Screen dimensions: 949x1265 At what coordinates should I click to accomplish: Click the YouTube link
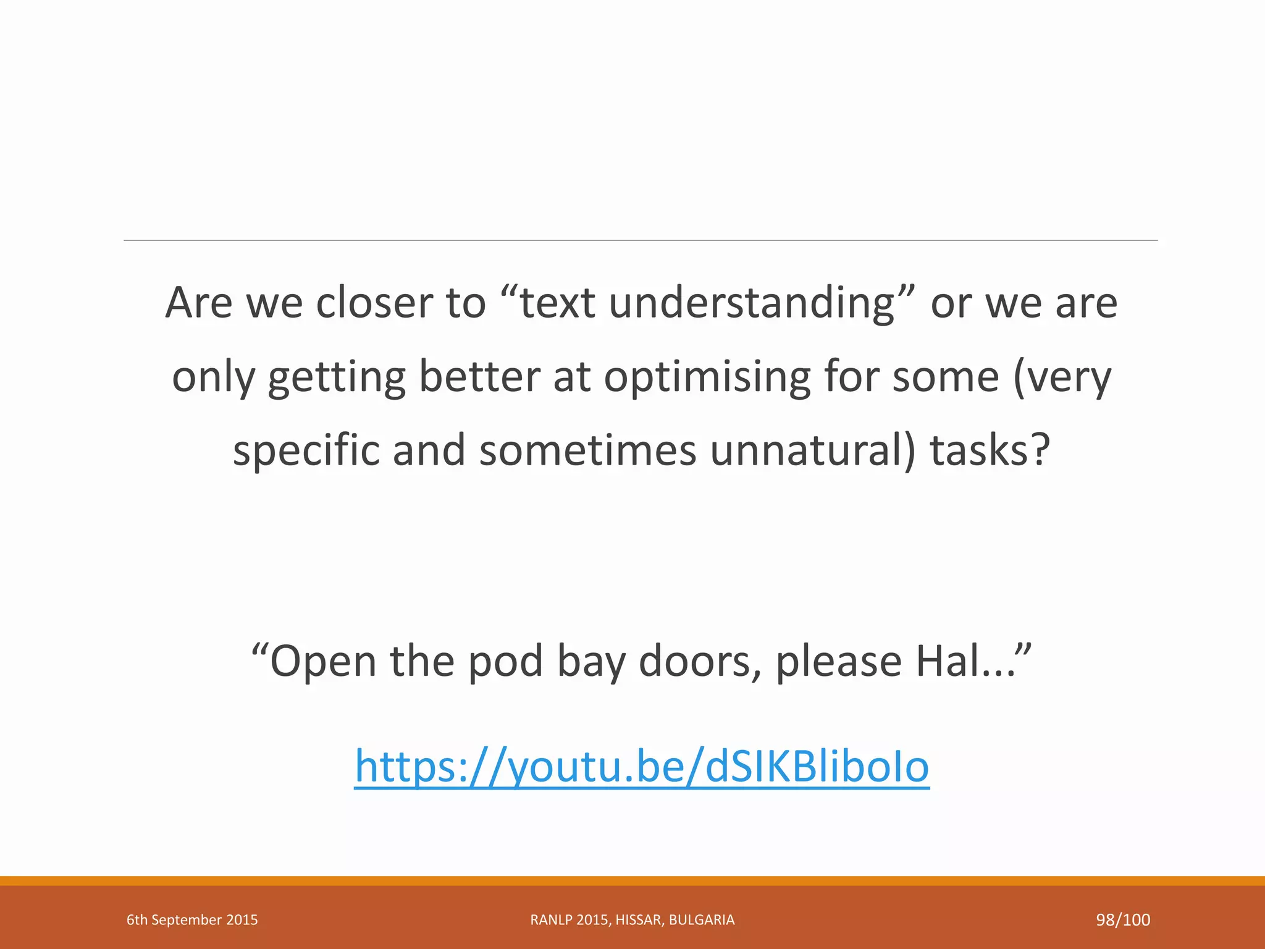tap(641, 767)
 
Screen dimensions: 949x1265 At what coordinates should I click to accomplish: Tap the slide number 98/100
tap(1122, 920)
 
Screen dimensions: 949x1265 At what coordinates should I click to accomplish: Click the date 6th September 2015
tap(192, 920)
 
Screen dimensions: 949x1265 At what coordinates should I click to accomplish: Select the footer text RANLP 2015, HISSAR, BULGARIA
tap(632, 920)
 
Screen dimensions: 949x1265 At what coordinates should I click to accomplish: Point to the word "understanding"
tap(752, 304)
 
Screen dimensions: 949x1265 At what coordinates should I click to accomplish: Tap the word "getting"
tap(337, 378)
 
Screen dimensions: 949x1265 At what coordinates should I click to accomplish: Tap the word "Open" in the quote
tap(322, 661)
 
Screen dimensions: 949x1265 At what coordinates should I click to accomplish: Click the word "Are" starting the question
tap(199, 303)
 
